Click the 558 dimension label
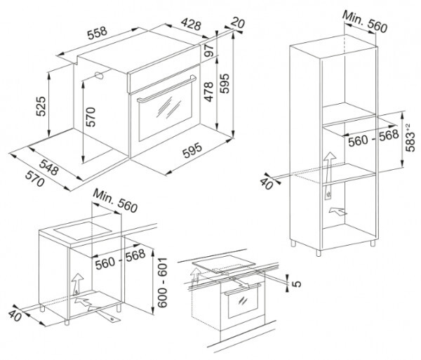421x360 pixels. [x=98, y=33]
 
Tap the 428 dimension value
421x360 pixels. [x=191, y=24]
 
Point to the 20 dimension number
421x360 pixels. [x=238, y=22]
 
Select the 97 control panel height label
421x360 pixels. [x=208, y=51]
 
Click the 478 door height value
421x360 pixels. [x=208, y=92]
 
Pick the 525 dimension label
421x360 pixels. [x=41, y=106]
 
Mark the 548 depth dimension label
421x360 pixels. [x=49, y=167]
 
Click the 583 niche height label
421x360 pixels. [x=410, y=138]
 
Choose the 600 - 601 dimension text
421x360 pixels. [x=162, y=283]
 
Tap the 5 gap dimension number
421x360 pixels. [x=296, y=284]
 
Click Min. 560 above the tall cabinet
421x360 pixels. [x=365, y=22]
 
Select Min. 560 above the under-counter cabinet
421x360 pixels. [x=115, y=201]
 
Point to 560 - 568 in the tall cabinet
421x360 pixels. [x=373, y=138]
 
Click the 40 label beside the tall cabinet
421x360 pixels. [x=267, y=184]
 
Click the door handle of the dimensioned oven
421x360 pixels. [x=166, y=90]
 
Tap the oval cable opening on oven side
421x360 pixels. [x=98, y=75]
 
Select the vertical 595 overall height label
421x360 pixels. [x=225, y=84]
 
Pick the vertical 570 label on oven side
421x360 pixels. [x=91, y=117]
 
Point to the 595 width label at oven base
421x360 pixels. [x=192, y=150]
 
